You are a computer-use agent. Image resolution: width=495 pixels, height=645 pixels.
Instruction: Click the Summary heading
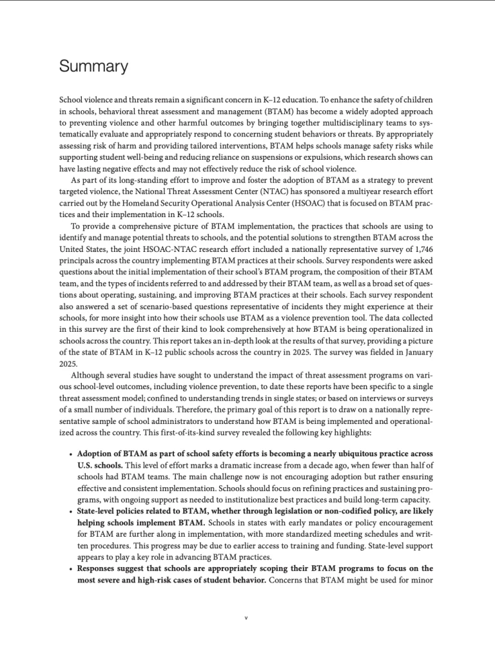tap(93, 66)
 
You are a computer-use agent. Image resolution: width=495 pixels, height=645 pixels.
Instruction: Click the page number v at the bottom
tap(247, 619)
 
